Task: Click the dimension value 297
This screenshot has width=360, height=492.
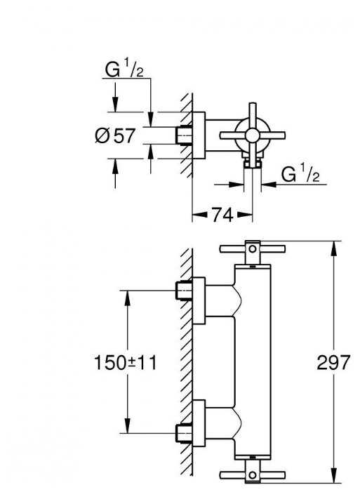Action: pos(333,362)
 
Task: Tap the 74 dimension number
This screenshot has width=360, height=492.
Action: pos(222,215)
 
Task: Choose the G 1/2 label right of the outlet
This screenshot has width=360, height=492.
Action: pos(300,173)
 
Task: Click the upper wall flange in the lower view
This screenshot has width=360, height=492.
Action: pos(199,300)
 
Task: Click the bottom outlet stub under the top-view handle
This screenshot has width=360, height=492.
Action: pos(251,164)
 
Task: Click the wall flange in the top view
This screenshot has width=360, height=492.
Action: pos(199,135)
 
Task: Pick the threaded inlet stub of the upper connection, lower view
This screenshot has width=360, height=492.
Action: pos(185,290)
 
